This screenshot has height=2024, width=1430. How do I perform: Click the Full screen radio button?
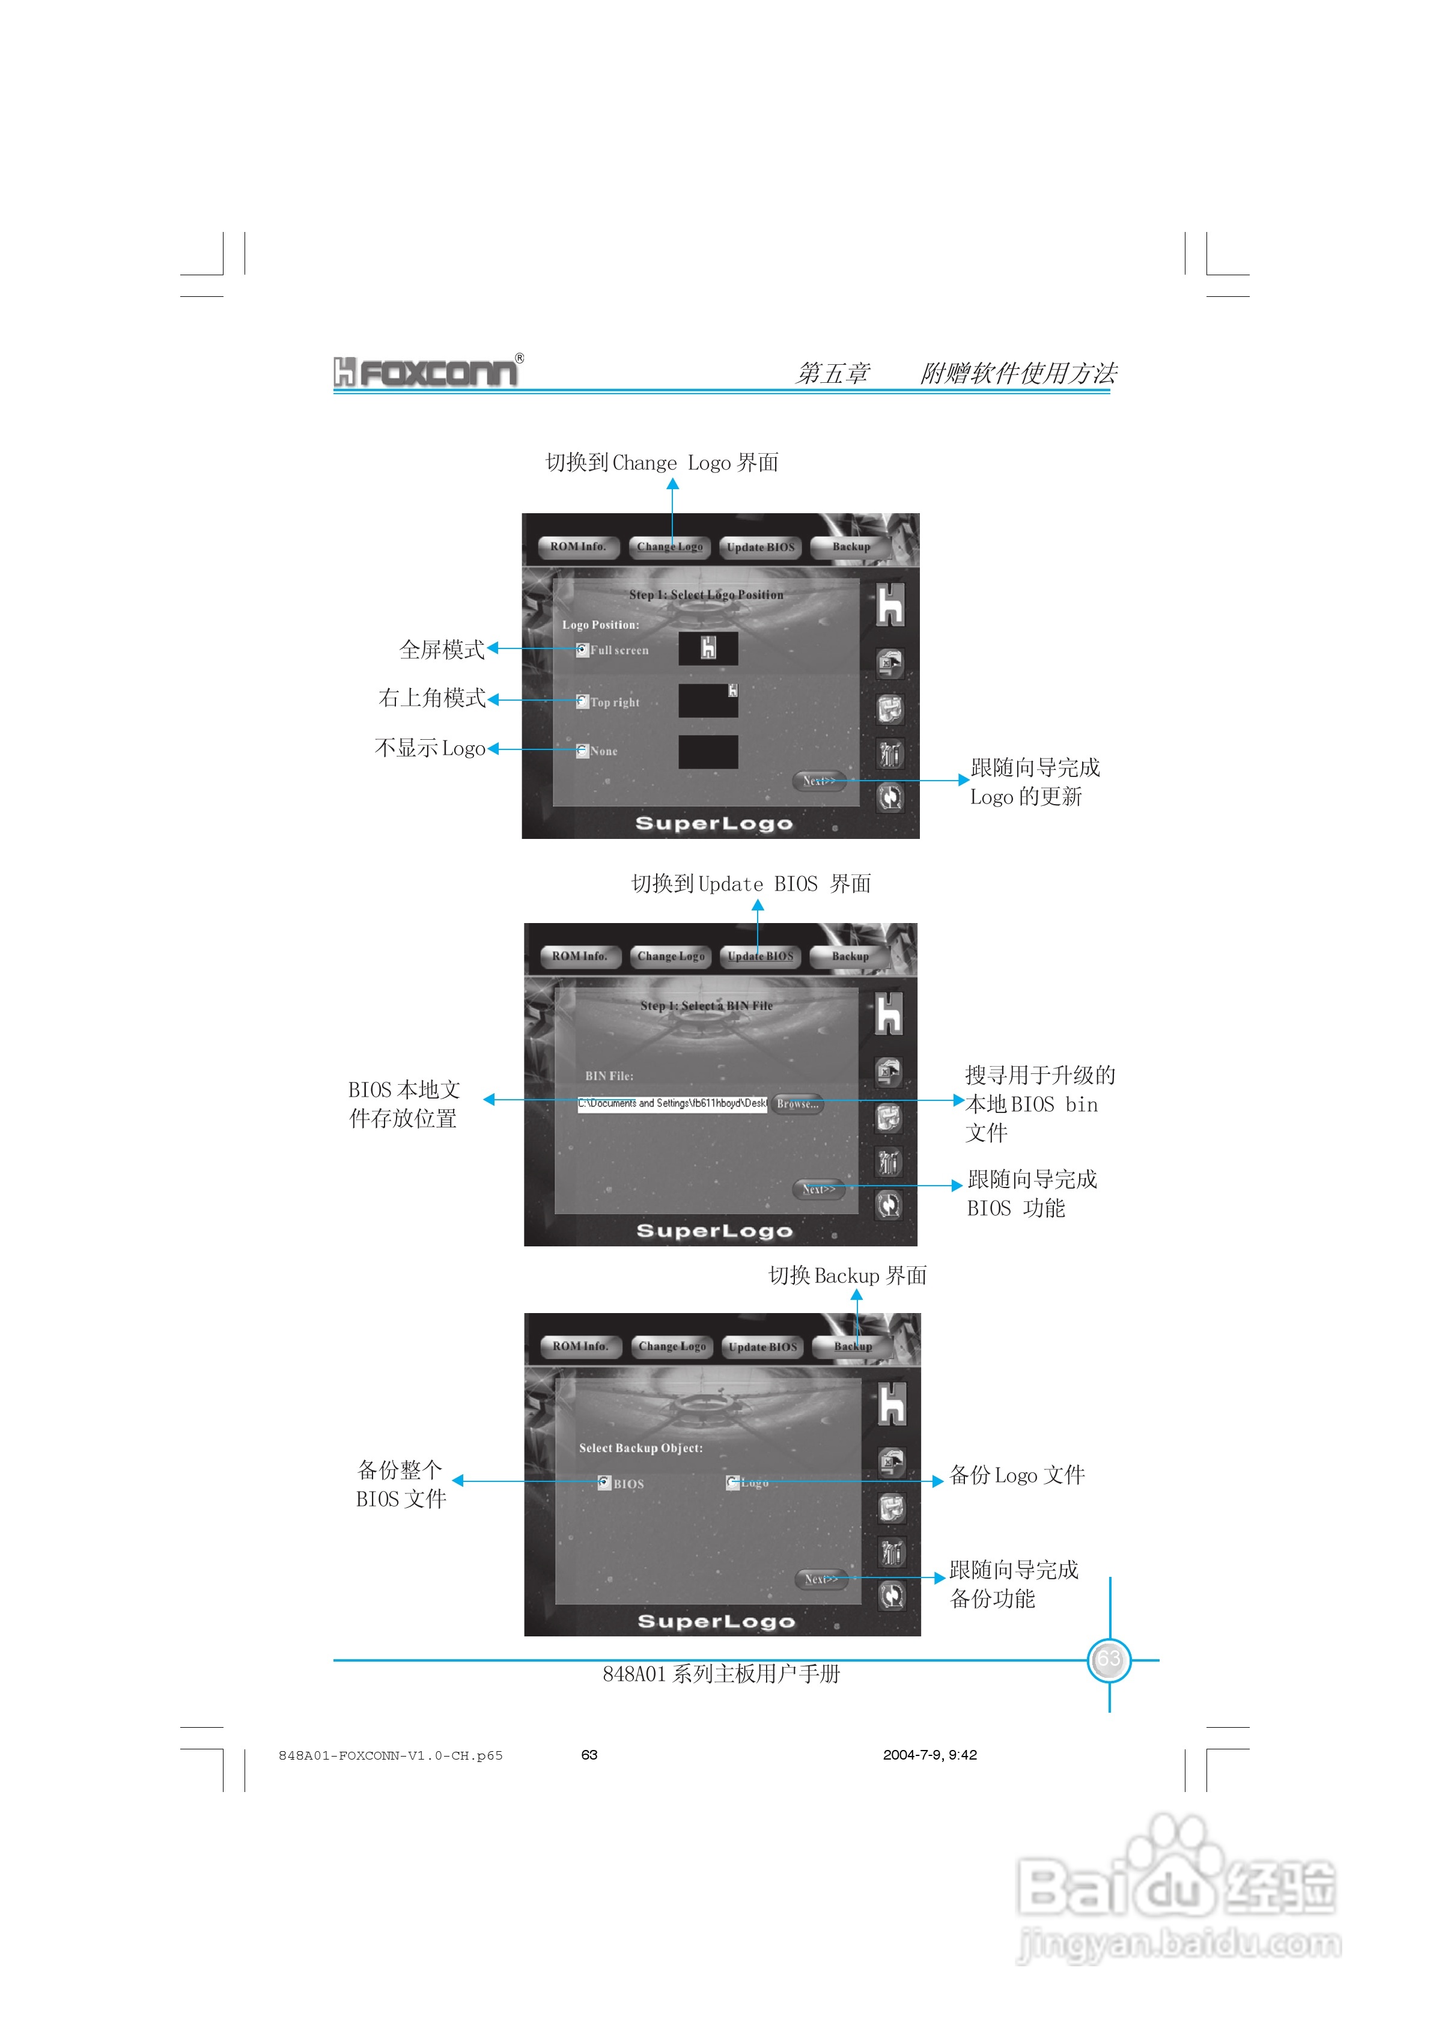pyautogui.click(x=582, y=650)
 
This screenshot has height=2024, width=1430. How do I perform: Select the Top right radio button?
pyautogui.click(x=582, y=702)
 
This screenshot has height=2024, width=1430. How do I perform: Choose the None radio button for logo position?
pyautogui.click(x=582, y=751)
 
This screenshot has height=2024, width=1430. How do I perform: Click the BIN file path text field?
pyautogui.click(x=672, y=1104)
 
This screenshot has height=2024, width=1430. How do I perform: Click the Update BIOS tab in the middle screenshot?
pyautogui.click(x=760, y=957)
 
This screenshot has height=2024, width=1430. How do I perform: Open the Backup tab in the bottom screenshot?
pyautogui.click(x=853, y=1346)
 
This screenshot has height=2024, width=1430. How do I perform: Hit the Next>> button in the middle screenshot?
pyautogui.click(x=818, y=1189)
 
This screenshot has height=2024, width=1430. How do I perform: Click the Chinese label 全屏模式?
pyautogui.click(x=442, y=650)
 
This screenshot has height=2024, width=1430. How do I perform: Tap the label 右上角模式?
pyautogui.click(x=432, y=698)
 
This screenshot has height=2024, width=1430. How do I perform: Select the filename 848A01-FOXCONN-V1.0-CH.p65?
pyautogui.click(x=391, y=1755)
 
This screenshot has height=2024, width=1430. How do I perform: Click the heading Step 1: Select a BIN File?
pyautogui.click(x=706, y=1006)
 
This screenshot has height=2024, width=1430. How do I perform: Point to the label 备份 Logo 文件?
pyautogui.click(x=1017, y=1475)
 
